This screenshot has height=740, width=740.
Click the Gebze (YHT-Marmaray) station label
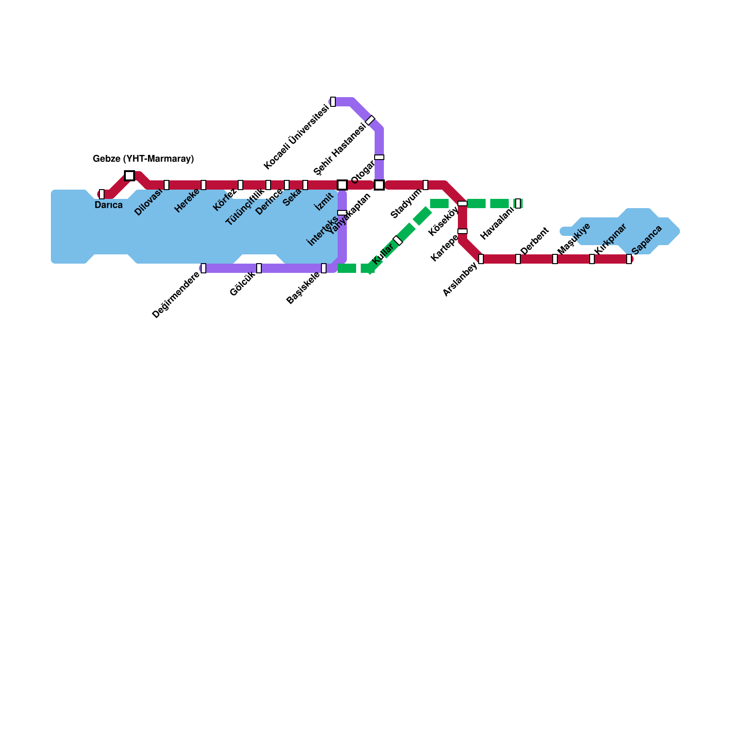143,159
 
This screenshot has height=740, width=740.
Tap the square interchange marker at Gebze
129,176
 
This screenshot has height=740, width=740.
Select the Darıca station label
109,205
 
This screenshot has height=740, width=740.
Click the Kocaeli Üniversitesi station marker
333,102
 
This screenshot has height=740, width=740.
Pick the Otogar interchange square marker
379,185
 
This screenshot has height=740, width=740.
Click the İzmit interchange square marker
342,185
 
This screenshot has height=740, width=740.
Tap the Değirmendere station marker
203,268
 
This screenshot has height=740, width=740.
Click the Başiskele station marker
324,268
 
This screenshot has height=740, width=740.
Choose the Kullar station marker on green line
398,240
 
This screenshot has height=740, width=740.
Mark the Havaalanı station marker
518,203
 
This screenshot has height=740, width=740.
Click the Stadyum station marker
425,185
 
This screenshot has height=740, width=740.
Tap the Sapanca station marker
629,259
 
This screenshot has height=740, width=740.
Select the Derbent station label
535,240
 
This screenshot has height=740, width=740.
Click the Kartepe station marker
462,231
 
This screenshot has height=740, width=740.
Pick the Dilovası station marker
166,185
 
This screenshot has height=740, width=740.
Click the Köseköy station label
444,222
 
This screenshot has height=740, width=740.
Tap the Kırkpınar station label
610,239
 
